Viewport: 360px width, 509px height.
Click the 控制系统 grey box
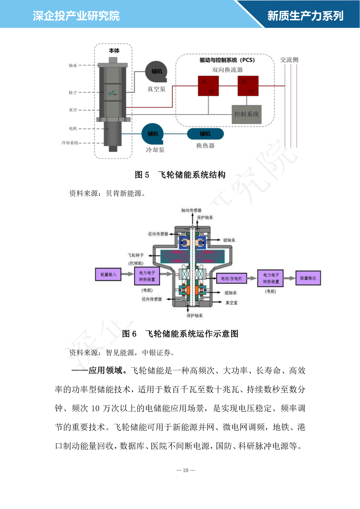[x=246, y=114]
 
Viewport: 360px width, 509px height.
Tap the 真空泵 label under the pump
[x=156, y=89]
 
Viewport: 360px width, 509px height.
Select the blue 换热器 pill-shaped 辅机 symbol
[x=205, y=134]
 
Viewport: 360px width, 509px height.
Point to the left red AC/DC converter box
[x=208, y=86]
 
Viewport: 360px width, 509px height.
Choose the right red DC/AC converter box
[x=248, y=86]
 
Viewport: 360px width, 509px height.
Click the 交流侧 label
[x=289, y=60]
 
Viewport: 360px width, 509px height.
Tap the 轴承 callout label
[x=73, y=66]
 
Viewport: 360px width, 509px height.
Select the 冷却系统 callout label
[x=70, y=143]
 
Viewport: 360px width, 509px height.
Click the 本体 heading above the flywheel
[x=114, y=51]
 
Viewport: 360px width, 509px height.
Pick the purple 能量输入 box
[x=108, y=274]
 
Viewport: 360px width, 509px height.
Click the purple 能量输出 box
[x=308, y=278]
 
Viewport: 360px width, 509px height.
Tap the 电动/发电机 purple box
[x=231, y=279]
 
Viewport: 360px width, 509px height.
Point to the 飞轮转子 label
[x=136, y=255]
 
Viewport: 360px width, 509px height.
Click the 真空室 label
[x=231, y=303]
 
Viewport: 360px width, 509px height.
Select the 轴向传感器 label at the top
[x=191, y=210]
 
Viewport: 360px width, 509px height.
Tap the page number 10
[x=186, y=470]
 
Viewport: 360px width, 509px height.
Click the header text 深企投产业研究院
[x=76, y=16]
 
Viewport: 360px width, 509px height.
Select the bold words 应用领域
[x=106, y=371]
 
